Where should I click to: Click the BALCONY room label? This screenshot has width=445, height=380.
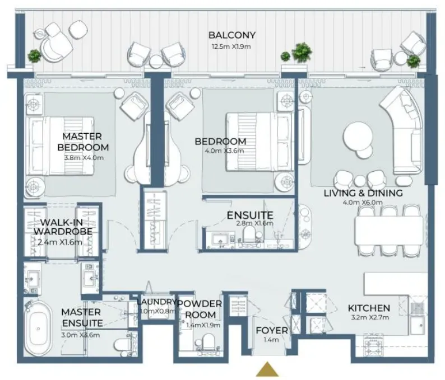(x=232, y=35)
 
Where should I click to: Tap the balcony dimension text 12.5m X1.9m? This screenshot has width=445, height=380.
(x=231, y=47)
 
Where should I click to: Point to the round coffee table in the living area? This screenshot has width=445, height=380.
(x=358, y=137)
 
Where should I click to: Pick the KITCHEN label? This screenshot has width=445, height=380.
(x=369, y=308)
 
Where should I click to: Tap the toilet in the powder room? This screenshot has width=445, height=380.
(x=208, y=343)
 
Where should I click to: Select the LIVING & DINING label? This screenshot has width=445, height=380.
(x=363, y=193)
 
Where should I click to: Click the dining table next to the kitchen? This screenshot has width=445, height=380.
(x=389, y=231)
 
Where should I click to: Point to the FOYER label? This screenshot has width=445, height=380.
(x=272, y=330)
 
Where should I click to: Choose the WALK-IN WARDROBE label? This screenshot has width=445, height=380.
(x=63, y=227)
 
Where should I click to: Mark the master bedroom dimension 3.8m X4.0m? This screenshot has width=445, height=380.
(x=84, y=158)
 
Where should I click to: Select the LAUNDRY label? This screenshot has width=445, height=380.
(x=156, y=302)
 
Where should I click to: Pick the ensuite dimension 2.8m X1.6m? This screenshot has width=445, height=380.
(x=254, y=223)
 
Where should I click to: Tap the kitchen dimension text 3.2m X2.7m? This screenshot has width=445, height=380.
(x=370, y=318)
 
